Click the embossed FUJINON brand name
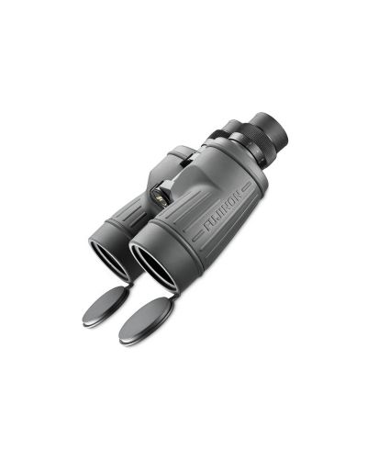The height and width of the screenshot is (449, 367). pyautogui.click(x=225, y=208)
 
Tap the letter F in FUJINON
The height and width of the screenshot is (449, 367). pyautogui.click(x=207, y=226)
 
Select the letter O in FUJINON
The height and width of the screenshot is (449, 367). pyautogui.click(x=234, y=198)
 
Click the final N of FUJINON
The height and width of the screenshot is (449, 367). pyautogui.click(x=241, y=191)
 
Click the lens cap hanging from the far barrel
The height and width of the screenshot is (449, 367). pyautogui.click(x=106, y=303)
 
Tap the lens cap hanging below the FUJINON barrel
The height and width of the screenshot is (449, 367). pyautogui.click(x=144, y=320)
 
